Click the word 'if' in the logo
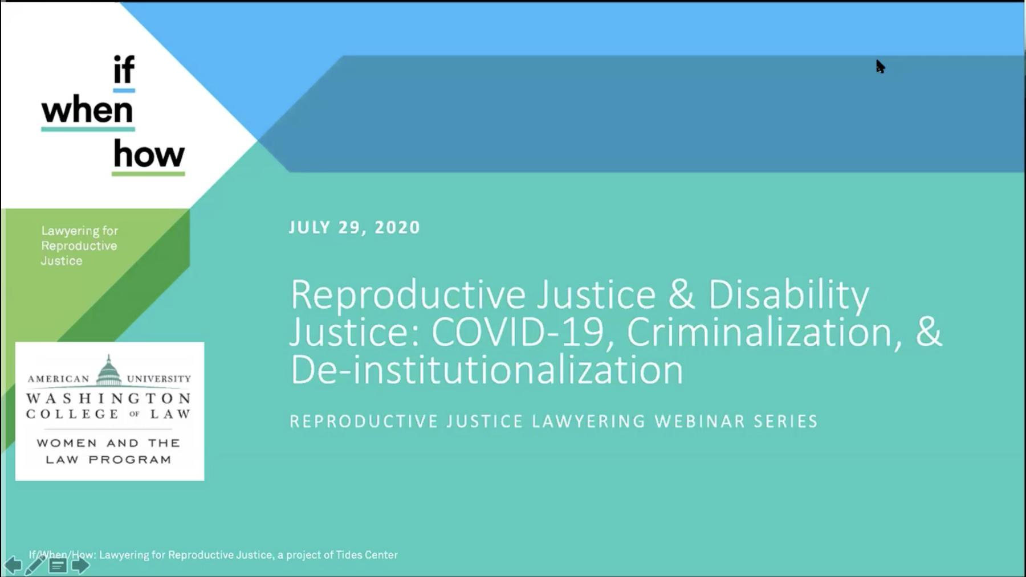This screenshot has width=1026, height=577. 124,70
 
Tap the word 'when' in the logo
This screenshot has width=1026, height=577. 87,110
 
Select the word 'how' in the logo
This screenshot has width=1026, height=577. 149,154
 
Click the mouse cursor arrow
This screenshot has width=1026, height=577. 880,67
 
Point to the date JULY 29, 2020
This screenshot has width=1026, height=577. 354,227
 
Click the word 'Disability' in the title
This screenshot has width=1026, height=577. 788,294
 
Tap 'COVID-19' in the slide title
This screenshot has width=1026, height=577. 517,332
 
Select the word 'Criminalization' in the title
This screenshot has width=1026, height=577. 759,332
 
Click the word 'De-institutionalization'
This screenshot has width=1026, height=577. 486,370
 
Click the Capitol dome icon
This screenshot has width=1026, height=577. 108,371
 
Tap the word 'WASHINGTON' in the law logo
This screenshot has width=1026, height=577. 108,398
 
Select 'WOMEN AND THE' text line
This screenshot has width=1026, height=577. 108,443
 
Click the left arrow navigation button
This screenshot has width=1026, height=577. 13,566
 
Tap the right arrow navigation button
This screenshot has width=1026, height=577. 80,566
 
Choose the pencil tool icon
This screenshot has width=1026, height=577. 35,565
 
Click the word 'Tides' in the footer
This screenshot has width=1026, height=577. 348,555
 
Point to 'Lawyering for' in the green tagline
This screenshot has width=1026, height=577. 79,231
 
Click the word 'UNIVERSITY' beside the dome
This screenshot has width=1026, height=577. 158,379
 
